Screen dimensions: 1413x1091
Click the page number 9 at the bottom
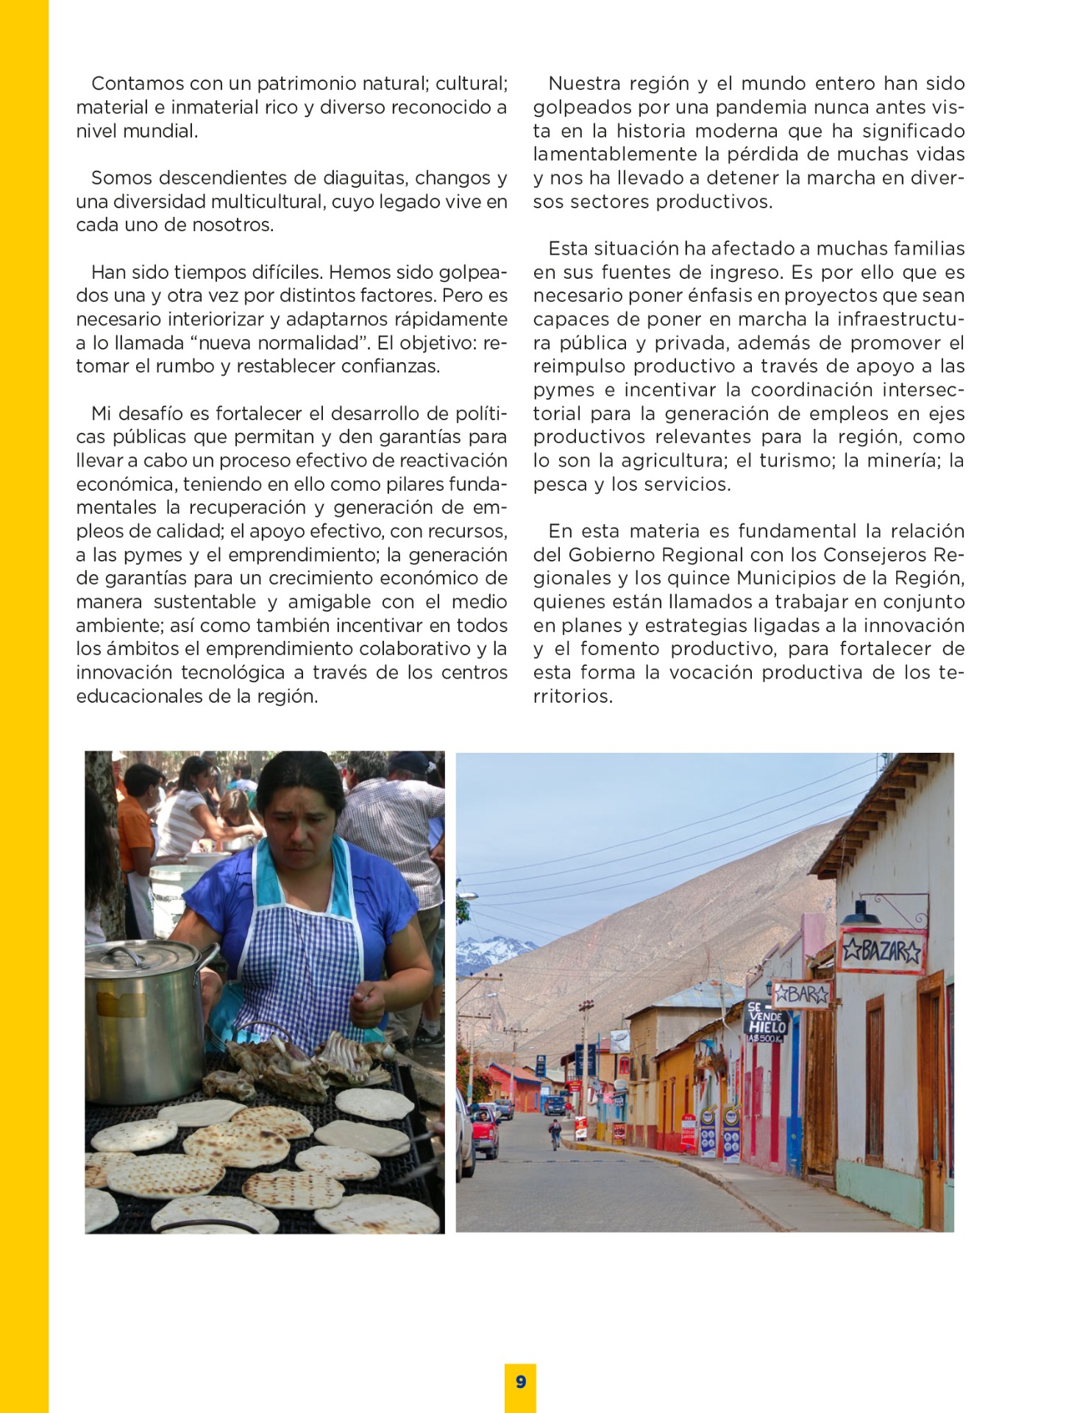point(521,1381)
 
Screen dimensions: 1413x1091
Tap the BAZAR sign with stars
point(881,951)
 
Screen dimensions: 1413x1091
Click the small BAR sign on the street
point(801,995)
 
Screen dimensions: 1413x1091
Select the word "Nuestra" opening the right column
point(589,84)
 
